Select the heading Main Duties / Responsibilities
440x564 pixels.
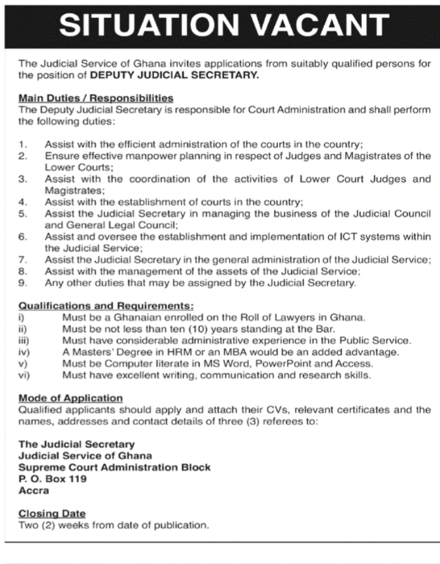pyautogui.click(x=96, y=98)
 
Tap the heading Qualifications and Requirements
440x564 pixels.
pyautogui.click(x=106, y=305)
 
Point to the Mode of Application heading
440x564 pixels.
pyautogui.click(x=70, y=398)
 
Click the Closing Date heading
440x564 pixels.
pyautogui.click(x=52, y=513)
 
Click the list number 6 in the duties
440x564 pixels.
pyautogui.click(x=23, y=236)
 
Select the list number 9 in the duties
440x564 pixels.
pyautogui.click(x=23, y=283)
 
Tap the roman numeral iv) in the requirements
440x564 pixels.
pyautogui.click(x=24, y=352)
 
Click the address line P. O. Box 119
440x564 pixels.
pyautogui.click(x=53, y=479)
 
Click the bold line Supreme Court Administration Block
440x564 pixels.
pyautogui.click(x=114, y=467)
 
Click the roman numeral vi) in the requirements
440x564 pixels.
pyautogui.click(x=24, y=375)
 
